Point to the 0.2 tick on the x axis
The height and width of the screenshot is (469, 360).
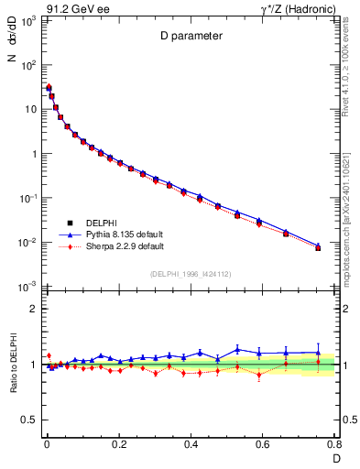(118, 443)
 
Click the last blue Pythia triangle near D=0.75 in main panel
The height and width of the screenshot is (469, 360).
(318, 245)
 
